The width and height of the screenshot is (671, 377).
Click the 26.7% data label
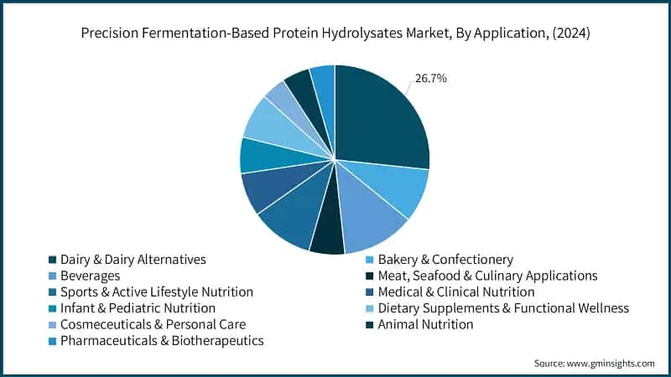[430, 79]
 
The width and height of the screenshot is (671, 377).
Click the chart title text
[335, 35]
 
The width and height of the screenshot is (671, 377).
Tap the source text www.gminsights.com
[594, 363]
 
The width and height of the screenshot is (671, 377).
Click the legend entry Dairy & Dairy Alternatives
[133, 260]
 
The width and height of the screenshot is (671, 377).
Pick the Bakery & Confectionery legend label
[445, 260]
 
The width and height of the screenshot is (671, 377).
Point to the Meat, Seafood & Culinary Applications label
[487, 276]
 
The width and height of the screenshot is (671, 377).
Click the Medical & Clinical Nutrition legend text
[456, 292]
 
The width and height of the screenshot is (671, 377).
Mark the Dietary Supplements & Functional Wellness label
[503, 308]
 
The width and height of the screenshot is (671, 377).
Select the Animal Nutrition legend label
[425, 324]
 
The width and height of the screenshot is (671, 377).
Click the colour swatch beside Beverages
[53, 276]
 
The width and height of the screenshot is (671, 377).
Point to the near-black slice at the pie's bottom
[327, 239]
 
